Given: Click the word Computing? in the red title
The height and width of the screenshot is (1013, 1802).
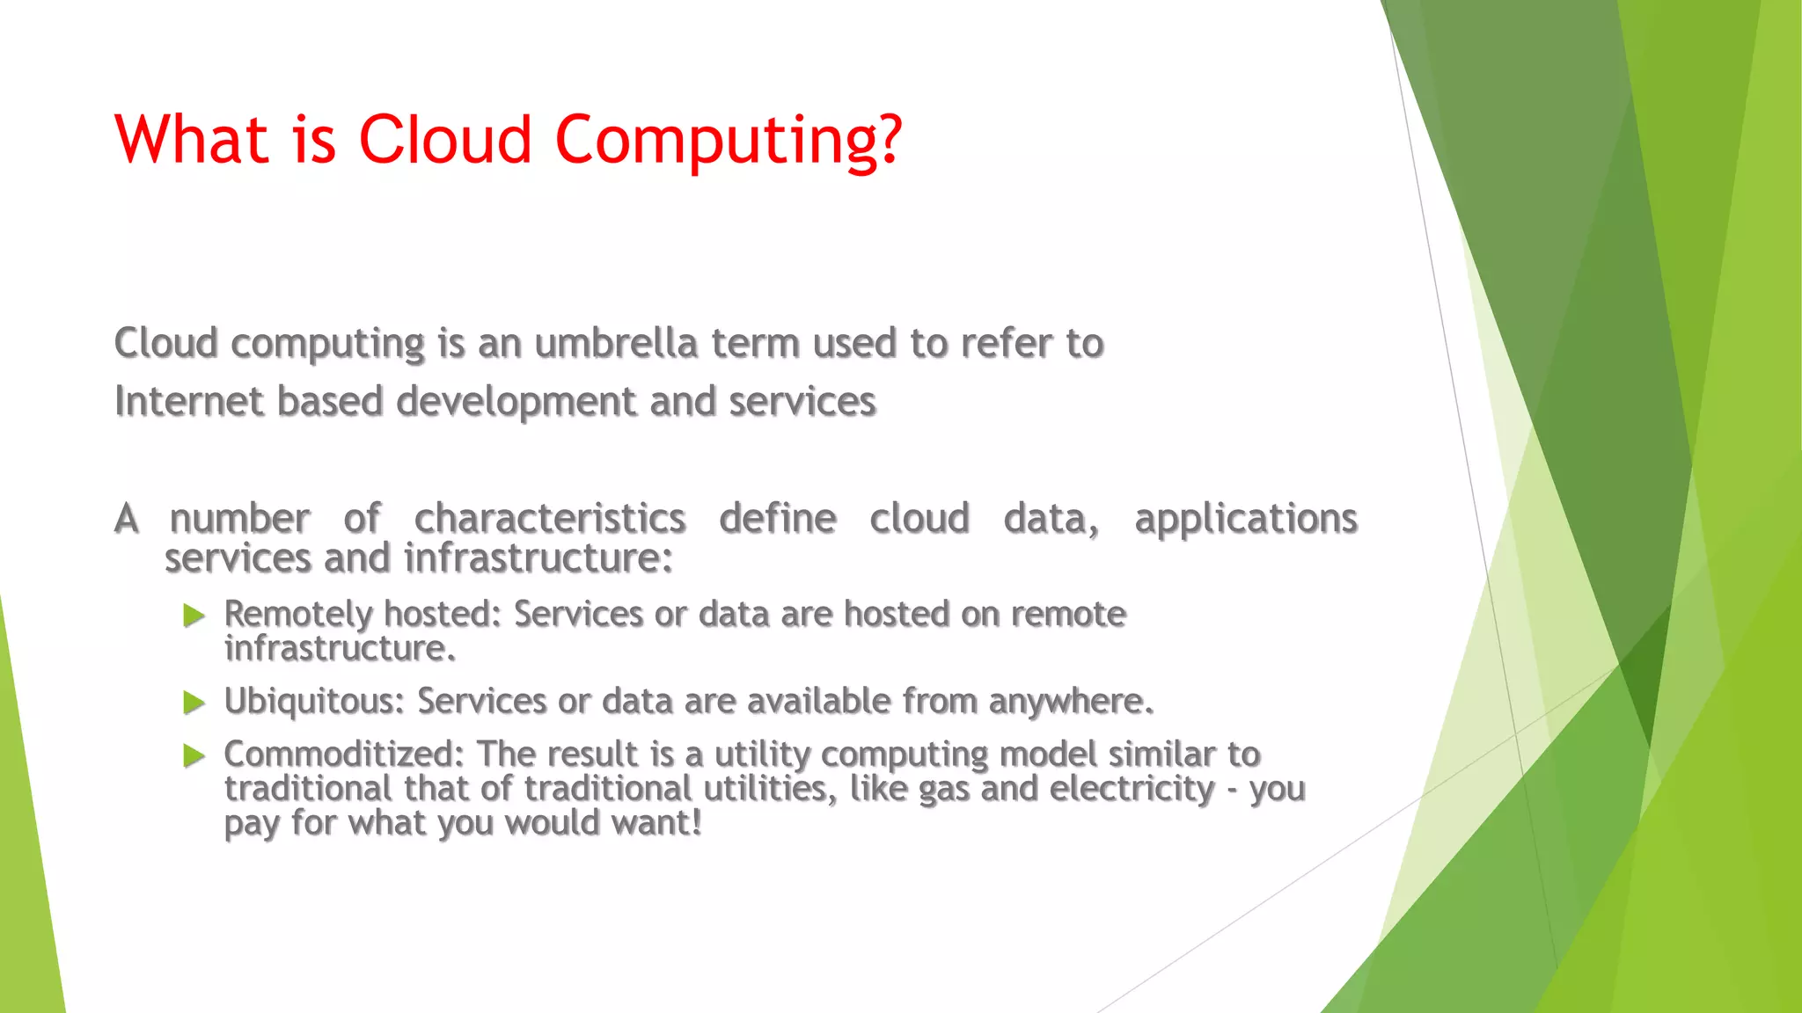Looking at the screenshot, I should (728, 141).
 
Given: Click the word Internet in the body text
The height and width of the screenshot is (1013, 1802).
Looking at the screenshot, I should (189, 402).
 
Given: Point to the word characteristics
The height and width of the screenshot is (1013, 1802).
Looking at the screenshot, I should (550, 519).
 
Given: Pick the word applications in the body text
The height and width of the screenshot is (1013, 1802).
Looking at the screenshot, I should (1246, 519).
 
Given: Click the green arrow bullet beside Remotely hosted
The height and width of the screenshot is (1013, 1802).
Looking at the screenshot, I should (194, 616).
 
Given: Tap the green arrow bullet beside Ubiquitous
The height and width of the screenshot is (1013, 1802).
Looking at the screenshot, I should (194, 703).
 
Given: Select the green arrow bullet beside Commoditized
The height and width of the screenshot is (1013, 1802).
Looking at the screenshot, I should (194, 755).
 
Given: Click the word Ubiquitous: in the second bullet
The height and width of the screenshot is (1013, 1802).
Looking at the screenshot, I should (314, 702).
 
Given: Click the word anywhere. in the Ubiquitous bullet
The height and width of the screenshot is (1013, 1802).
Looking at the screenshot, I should (1071, 702).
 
